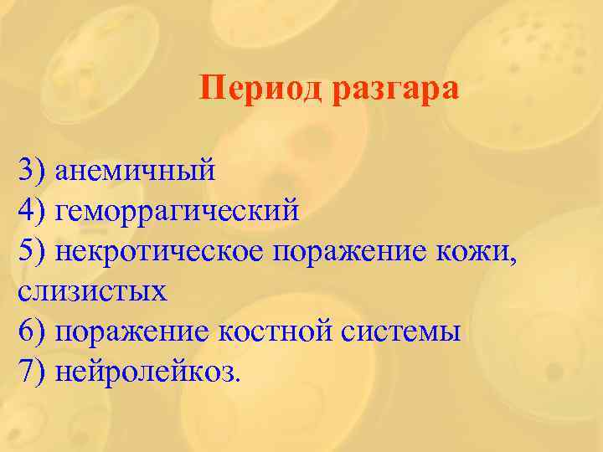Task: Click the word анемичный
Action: (135, 172)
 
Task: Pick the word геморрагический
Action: (177, 212)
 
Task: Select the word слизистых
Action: (92, 291)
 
